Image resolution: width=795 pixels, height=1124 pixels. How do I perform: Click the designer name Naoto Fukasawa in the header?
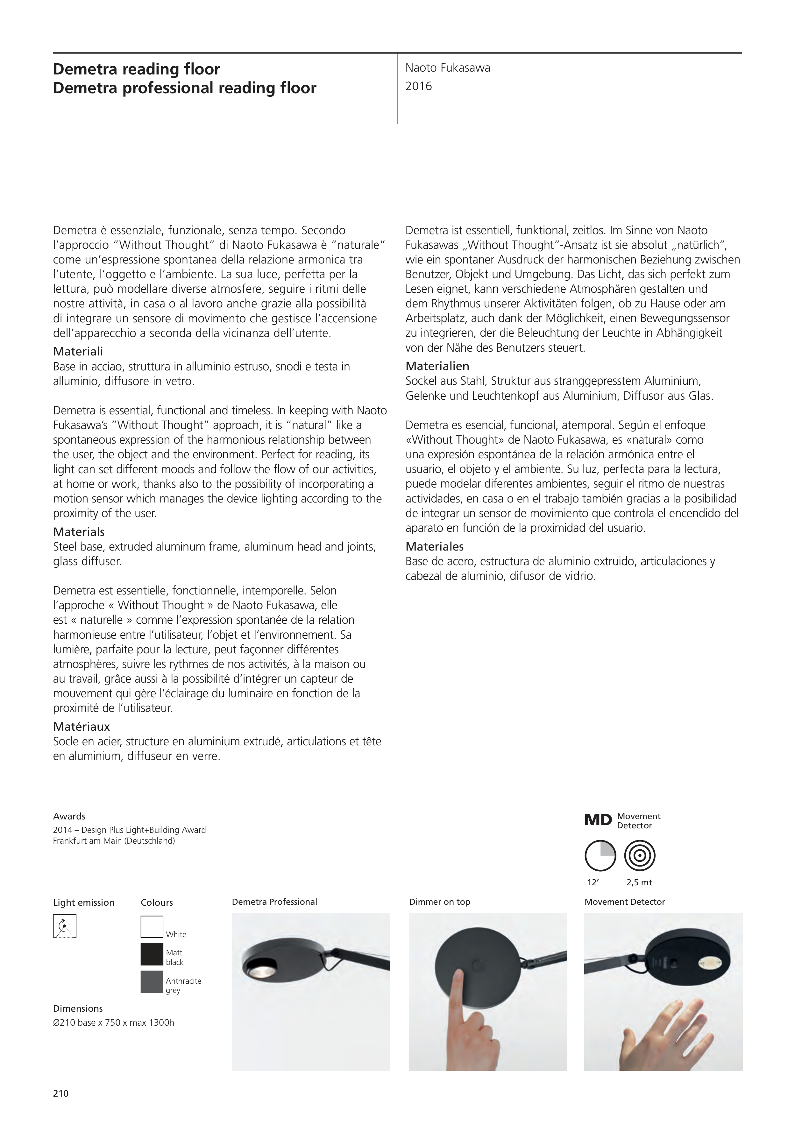click(x=447, y=68)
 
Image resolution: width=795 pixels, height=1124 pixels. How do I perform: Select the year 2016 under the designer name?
click(x=418, y=87)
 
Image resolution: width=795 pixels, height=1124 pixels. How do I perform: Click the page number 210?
click(x=61, y=1094)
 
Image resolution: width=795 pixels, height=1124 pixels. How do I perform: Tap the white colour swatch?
click(x=152, y=927)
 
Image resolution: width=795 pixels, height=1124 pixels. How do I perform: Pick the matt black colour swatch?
click(x=152, y=955)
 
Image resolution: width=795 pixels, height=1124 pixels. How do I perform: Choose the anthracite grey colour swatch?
click(x=152, y=982)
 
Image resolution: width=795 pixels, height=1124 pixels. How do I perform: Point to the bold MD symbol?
click(x=598, y=820)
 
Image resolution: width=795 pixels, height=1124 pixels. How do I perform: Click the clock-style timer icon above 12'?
click(x=600, y=856)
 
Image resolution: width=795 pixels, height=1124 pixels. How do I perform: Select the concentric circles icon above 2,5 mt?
click(x=640, y=856)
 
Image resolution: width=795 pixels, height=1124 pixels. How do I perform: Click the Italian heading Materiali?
click(x=78, y=352)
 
